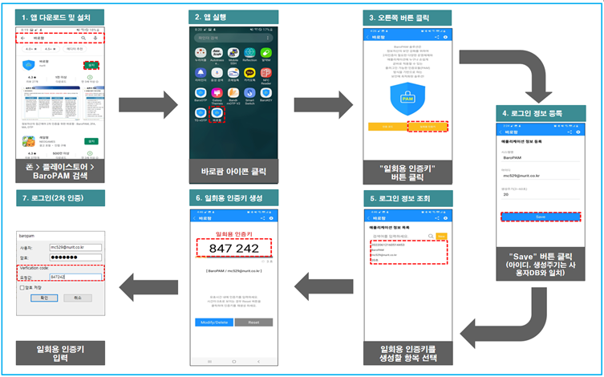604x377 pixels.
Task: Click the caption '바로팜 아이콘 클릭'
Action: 230,171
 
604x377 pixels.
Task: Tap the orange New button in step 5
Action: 440,236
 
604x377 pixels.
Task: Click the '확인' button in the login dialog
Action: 43,297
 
